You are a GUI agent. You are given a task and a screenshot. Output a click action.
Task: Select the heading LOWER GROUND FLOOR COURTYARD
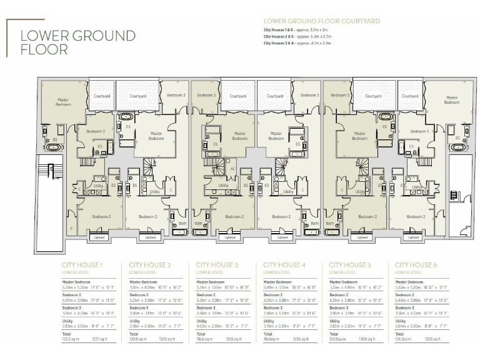tap(321, 21)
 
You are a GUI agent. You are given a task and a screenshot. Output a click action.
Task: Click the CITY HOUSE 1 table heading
tap(81, 265)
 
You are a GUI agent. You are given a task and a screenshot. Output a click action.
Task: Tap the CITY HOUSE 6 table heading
tap(416, 265)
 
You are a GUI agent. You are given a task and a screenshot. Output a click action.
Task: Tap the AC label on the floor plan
tap(232, 169)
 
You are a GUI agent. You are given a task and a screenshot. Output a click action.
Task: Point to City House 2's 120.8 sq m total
tap(137, 339)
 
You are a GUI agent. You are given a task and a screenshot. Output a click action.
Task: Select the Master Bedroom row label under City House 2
tap(142, 282)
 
